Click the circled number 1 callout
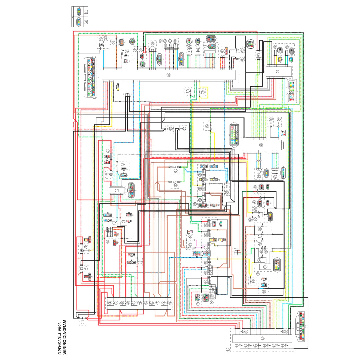click(82, 322)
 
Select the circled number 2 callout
click(86, 268)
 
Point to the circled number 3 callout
click(86, 246)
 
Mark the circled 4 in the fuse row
click(110, 303)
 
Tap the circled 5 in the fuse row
click(116, 303)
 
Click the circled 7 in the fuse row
click(158, 303)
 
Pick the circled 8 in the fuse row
click(164, 303)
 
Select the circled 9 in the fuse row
click(170, 303)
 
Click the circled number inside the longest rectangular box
click(169, 75)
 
